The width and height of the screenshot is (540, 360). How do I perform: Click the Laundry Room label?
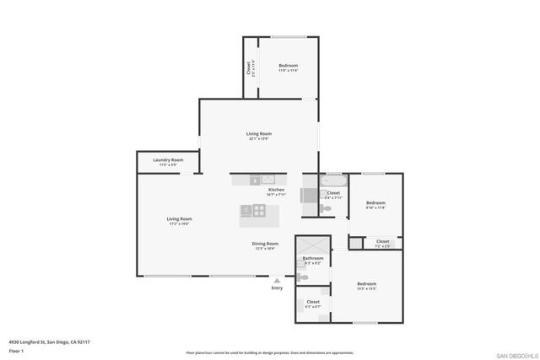click(x=167, y=159)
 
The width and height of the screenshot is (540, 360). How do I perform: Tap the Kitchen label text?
click(x=276, y=190)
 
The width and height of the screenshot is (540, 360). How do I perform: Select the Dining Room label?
click(x=265, y=244)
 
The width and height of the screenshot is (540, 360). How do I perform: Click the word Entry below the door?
click(x=277, y=288)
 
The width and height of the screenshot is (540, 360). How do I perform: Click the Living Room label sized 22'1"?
click(x=258, y=134)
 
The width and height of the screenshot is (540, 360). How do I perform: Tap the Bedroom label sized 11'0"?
click(x=289, y=65)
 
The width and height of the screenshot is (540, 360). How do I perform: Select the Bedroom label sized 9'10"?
click(x=375, y=202)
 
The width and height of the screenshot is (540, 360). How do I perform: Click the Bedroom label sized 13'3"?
click(x=366, y=283)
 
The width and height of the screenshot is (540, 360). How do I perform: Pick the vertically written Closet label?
click(x=249, y=67)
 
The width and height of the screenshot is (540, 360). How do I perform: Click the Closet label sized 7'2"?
click(x=383, y=242)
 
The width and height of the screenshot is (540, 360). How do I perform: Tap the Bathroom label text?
click(x=313, y=258)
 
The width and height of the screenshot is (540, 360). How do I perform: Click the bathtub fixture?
click(x=331, y=180)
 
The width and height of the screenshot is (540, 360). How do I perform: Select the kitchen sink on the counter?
click(x=267, y=179)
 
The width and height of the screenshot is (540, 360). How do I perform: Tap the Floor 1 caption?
click(x=15, y=350)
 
